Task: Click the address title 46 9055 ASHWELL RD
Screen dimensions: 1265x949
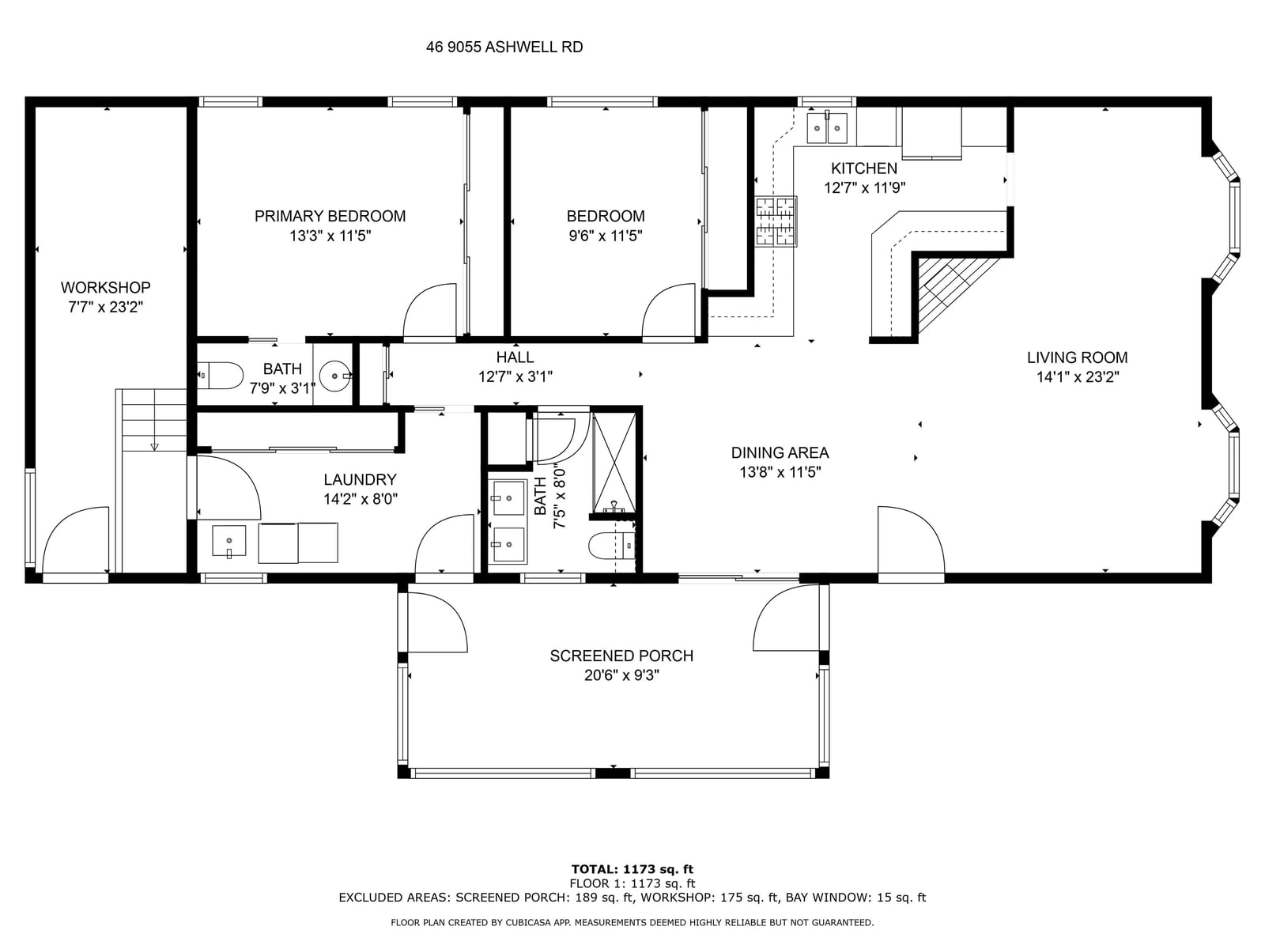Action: point(504,47)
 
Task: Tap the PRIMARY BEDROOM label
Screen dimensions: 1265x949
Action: point(330,216)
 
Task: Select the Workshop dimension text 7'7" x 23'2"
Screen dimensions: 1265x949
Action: point(105,307)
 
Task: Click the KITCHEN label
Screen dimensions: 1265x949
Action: point(864,168)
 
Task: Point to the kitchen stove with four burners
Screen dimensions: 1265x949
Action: point(776,222)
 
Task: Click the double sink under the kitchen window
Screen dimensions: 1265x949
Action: point(827,128)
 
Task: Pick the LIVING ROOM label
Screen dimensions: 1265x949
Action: point(1077,357)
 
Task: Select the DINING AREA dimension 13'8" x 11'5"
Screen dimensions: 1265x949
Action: point(780,472)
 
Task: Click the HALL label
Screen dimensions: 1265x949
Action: point(515,357)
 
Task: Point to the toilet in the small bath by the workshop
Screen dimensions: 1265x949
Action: point(220,376)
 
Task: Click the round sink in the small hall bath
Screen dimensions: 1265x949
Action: point(335,376)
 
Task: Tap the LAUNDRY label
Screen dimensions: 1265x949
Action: point(361,479)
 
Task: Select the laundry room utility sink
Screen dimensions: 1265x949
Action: point(228,541)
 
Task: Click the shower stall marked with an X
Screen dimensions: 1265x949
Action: point(614,463)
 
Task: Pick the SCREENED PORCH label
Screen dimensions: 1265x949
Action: point(621,656)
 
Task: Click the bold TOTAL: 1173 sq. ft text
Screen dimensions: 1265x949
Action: point(632,869)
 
